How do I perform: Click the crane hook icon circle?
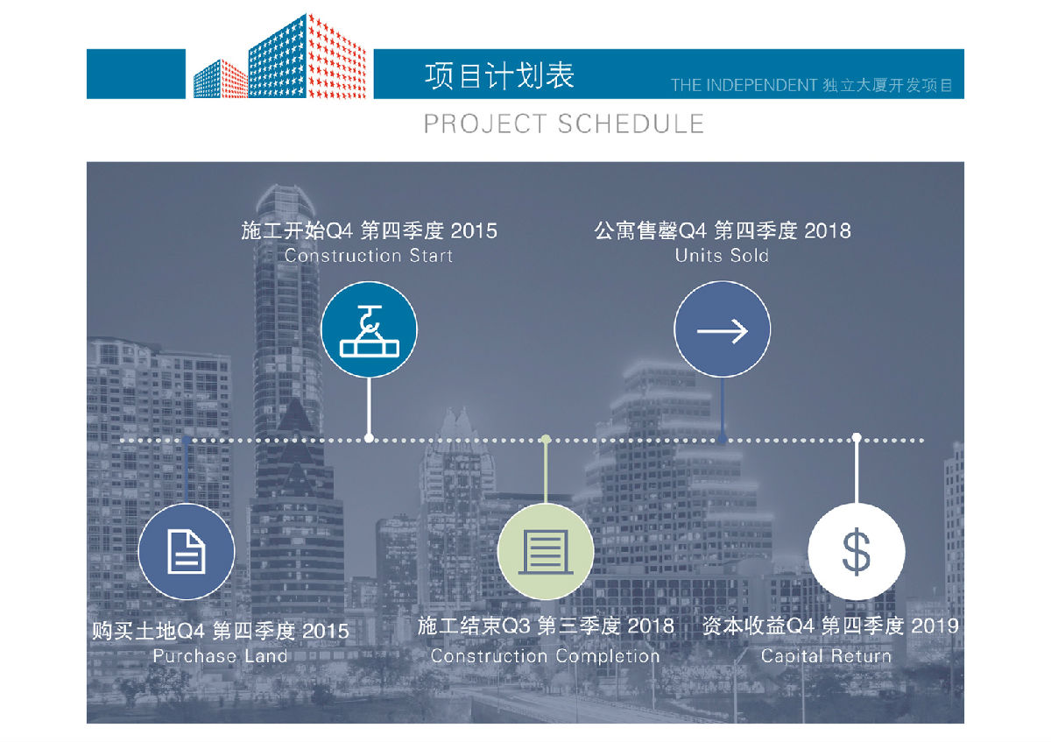coord(369,329)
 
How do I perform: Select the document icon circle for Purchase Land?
coord(187,551)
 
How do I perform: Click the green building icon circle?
coord(545,551)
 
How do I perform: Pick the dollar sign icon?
coord(857,551)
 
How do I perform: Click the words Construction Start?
coord(369,256)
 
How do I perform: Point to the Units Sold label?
coord(722,256)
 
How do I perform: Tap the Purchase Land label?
coord(220,656)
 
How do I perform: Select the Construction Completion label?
coord(545,656)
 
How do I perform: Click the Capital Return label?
coord(826,656)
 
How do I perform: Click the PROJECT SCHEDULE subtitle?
coord(563,124)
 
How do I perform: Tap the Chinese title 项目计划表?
coord(500,75)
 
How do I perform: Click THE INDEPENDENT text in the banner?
coord(744,86)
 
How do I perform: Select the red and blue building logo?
coord(279,56)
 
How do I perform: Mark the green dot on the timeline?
coord(545,439)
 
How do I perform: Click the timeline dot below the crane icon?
coord(369,438)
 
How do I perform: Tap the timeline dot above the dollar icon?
coord(857,438)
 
